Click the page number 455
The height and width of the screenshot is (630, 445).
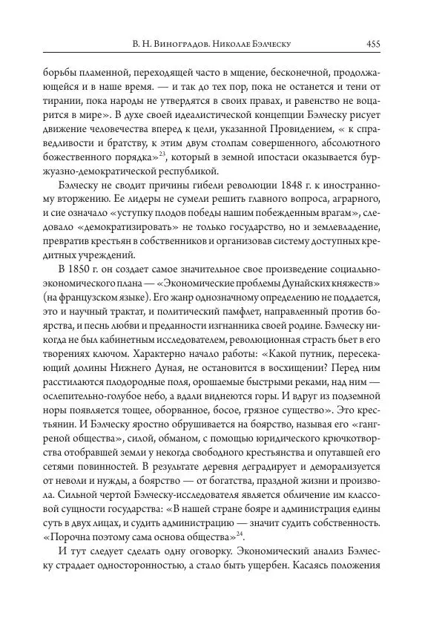point(373,44)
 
